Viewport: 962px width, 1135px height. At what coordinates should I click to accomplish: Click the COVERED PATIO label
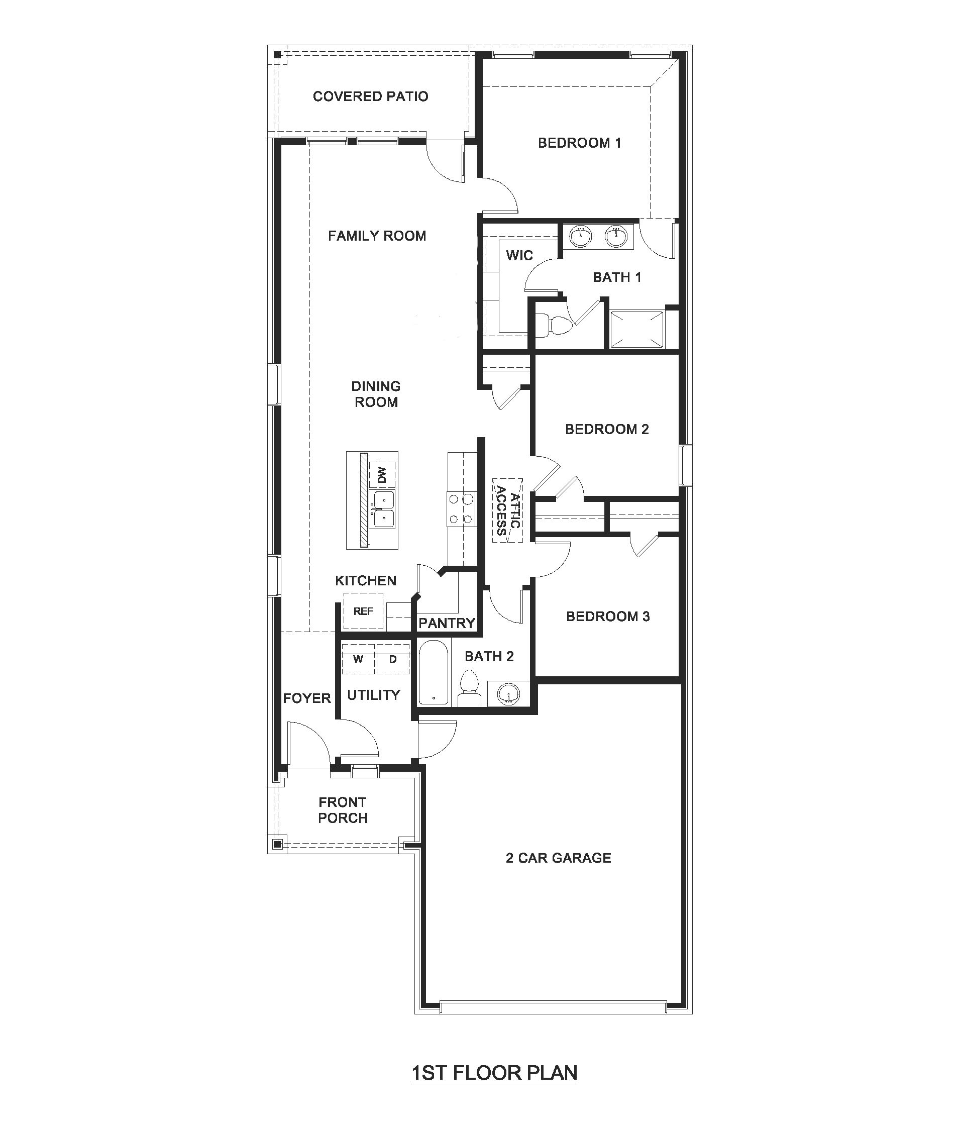tap(370, 96)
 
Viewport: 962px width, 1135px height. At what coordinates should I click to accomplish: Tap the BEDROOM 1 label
tap(579, 143)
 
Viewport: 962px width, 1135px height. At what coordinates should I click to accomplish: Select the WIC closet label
tap(519, 255)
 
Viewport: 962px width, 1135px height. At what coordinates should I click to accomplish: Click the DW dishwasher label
tap(382, 474)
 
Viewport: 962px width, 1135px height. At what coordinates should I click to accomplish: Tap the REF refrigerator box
tap(363, 611)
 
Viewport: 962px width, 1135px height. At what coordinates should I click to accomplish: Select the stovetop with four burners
tap(461, 509)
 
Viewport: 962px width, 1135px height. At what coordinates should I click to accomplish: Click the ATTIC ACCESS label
tap(508, 510)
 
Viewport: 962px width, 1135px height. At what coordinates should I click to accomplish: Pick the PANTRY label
tap(447, 623)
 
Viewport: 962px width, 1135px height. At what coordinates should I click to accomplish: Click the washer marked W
tap(358, 659)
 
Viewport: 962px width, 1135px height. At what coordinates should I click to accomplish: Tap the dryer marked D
tap(393, 659)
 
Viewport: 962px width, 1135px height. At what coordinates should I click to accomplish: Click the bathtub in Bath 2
tap(434, 672)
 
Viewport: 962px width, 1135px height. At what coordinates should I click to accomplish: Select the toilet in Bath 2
tap(469, 688)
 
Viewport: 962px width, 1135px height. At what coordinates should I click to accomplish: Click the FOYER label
tap(306, 698)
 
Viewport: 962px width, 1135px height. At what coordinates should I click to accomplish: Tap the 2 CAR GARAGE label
tap(559, 858)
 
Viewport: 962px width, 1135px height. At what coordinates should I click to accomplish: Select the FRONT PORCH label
tap(343, 810)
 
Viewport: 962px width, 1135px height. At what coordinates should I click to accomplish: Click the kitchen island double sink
tap(383, 509)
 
